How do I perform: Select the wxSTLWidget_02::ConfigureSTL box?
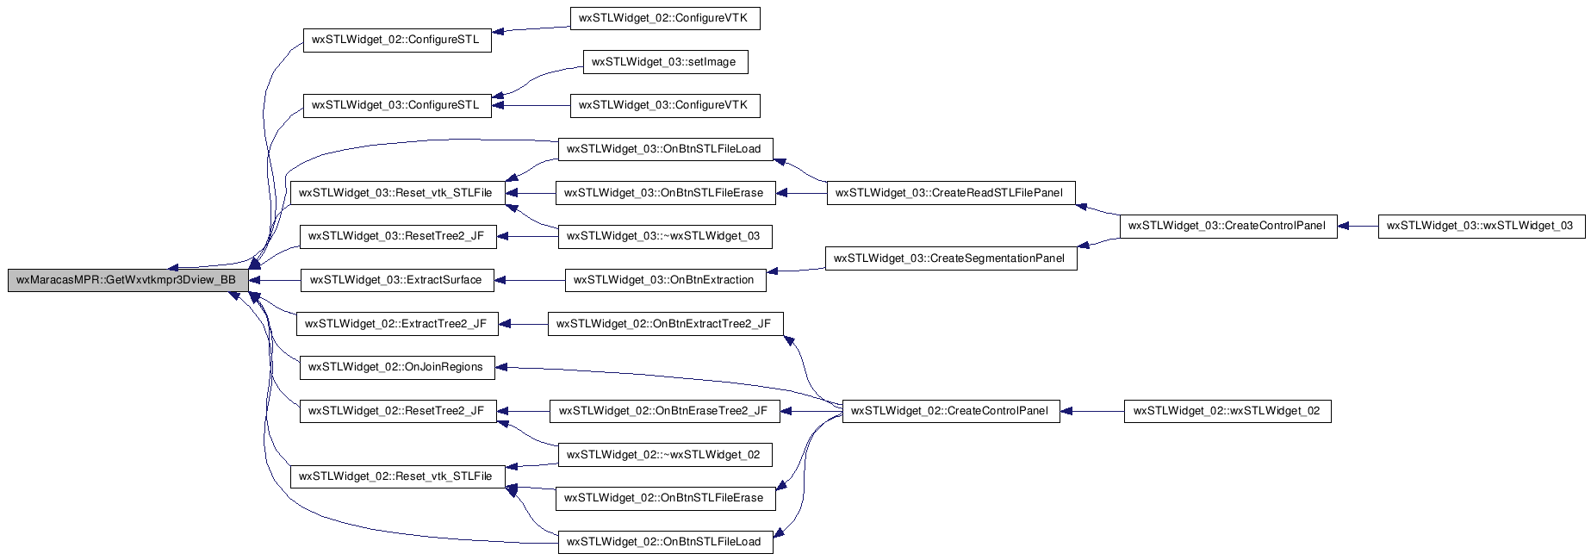[397, 40]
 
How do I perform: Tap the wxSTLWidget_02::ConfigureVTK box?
[665, 18]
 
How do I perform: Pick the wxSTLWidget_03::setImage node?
[665, 62]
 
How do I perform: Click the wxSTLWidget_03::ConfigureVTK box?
[665, 105]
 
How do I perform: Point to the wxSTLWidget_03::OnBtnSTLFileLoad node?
[665, 149]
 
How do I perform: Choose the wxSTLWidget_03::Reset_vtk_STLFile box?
[397, 193]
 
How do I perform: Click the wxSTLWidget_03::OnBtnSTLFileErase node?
[665, 193]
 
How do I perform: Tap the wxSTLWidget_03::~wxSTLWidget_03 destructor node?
[665, 236]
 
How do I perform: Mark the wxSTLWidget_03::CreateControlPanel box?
[1228, 226]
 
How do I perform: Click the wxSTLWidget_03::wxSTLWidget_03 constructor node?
[1481, 226]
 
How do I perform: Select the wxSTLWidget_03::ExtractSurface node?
[397, 280]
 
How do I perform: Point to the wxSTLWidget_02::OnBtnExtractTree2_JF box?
[665, 324]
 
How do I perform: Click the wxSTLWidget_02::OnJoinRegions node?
[397, 367]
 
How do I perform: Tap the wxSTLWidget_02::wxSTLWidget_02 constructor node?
[1228, 411]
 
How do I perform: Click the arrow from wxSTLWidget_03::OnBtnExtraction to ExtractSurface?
[530, 280]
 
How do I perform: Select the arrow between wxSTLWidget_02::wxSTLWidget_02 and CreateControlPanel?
[1092, 411]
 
